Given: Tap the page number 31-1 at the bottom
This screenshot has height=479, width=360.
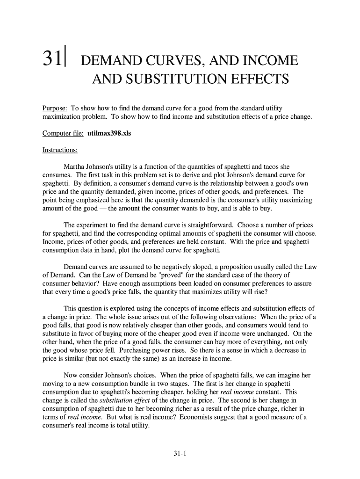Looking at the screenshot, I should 180,453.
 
